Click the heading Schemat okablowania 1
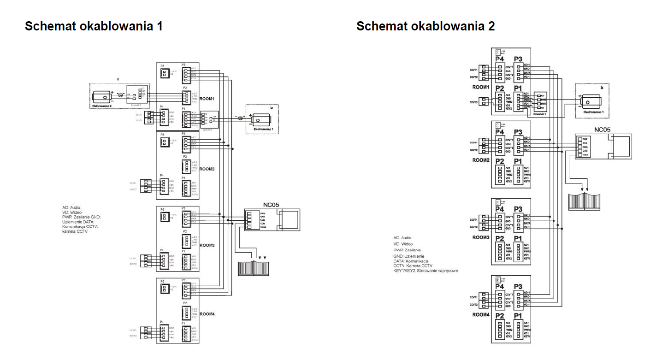(x=94, y=26)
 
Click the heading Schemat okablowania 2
(x=426, y=26)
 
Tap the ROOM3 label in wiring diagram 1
(x=208, y=246)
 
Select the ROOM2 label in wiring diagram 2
(x=481, y=160)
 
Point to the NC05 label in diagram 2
(x=602, y=130)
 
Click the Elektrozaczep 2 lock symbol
(x=102, y=97)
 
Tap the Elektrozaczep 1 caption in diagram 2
(x=593, y=112)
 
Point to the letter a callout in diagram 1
(x=118, y=79)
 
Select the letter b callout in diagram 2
(x=602, y=87)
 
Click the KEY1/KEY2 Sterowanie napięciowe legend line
(x=426, y=271)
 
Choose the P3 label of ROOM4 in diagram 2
(x=518, y=287)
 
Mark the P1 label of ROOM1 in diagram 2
(x=518, y=88)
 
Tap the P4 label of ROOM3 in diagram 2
(x=499, y=209)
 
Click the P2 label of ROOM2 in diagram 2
(x=499, y=161)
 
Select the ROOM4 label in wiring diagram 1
(x=208, y=314)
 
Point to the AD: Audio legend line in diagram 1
(x=71, y=207)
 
